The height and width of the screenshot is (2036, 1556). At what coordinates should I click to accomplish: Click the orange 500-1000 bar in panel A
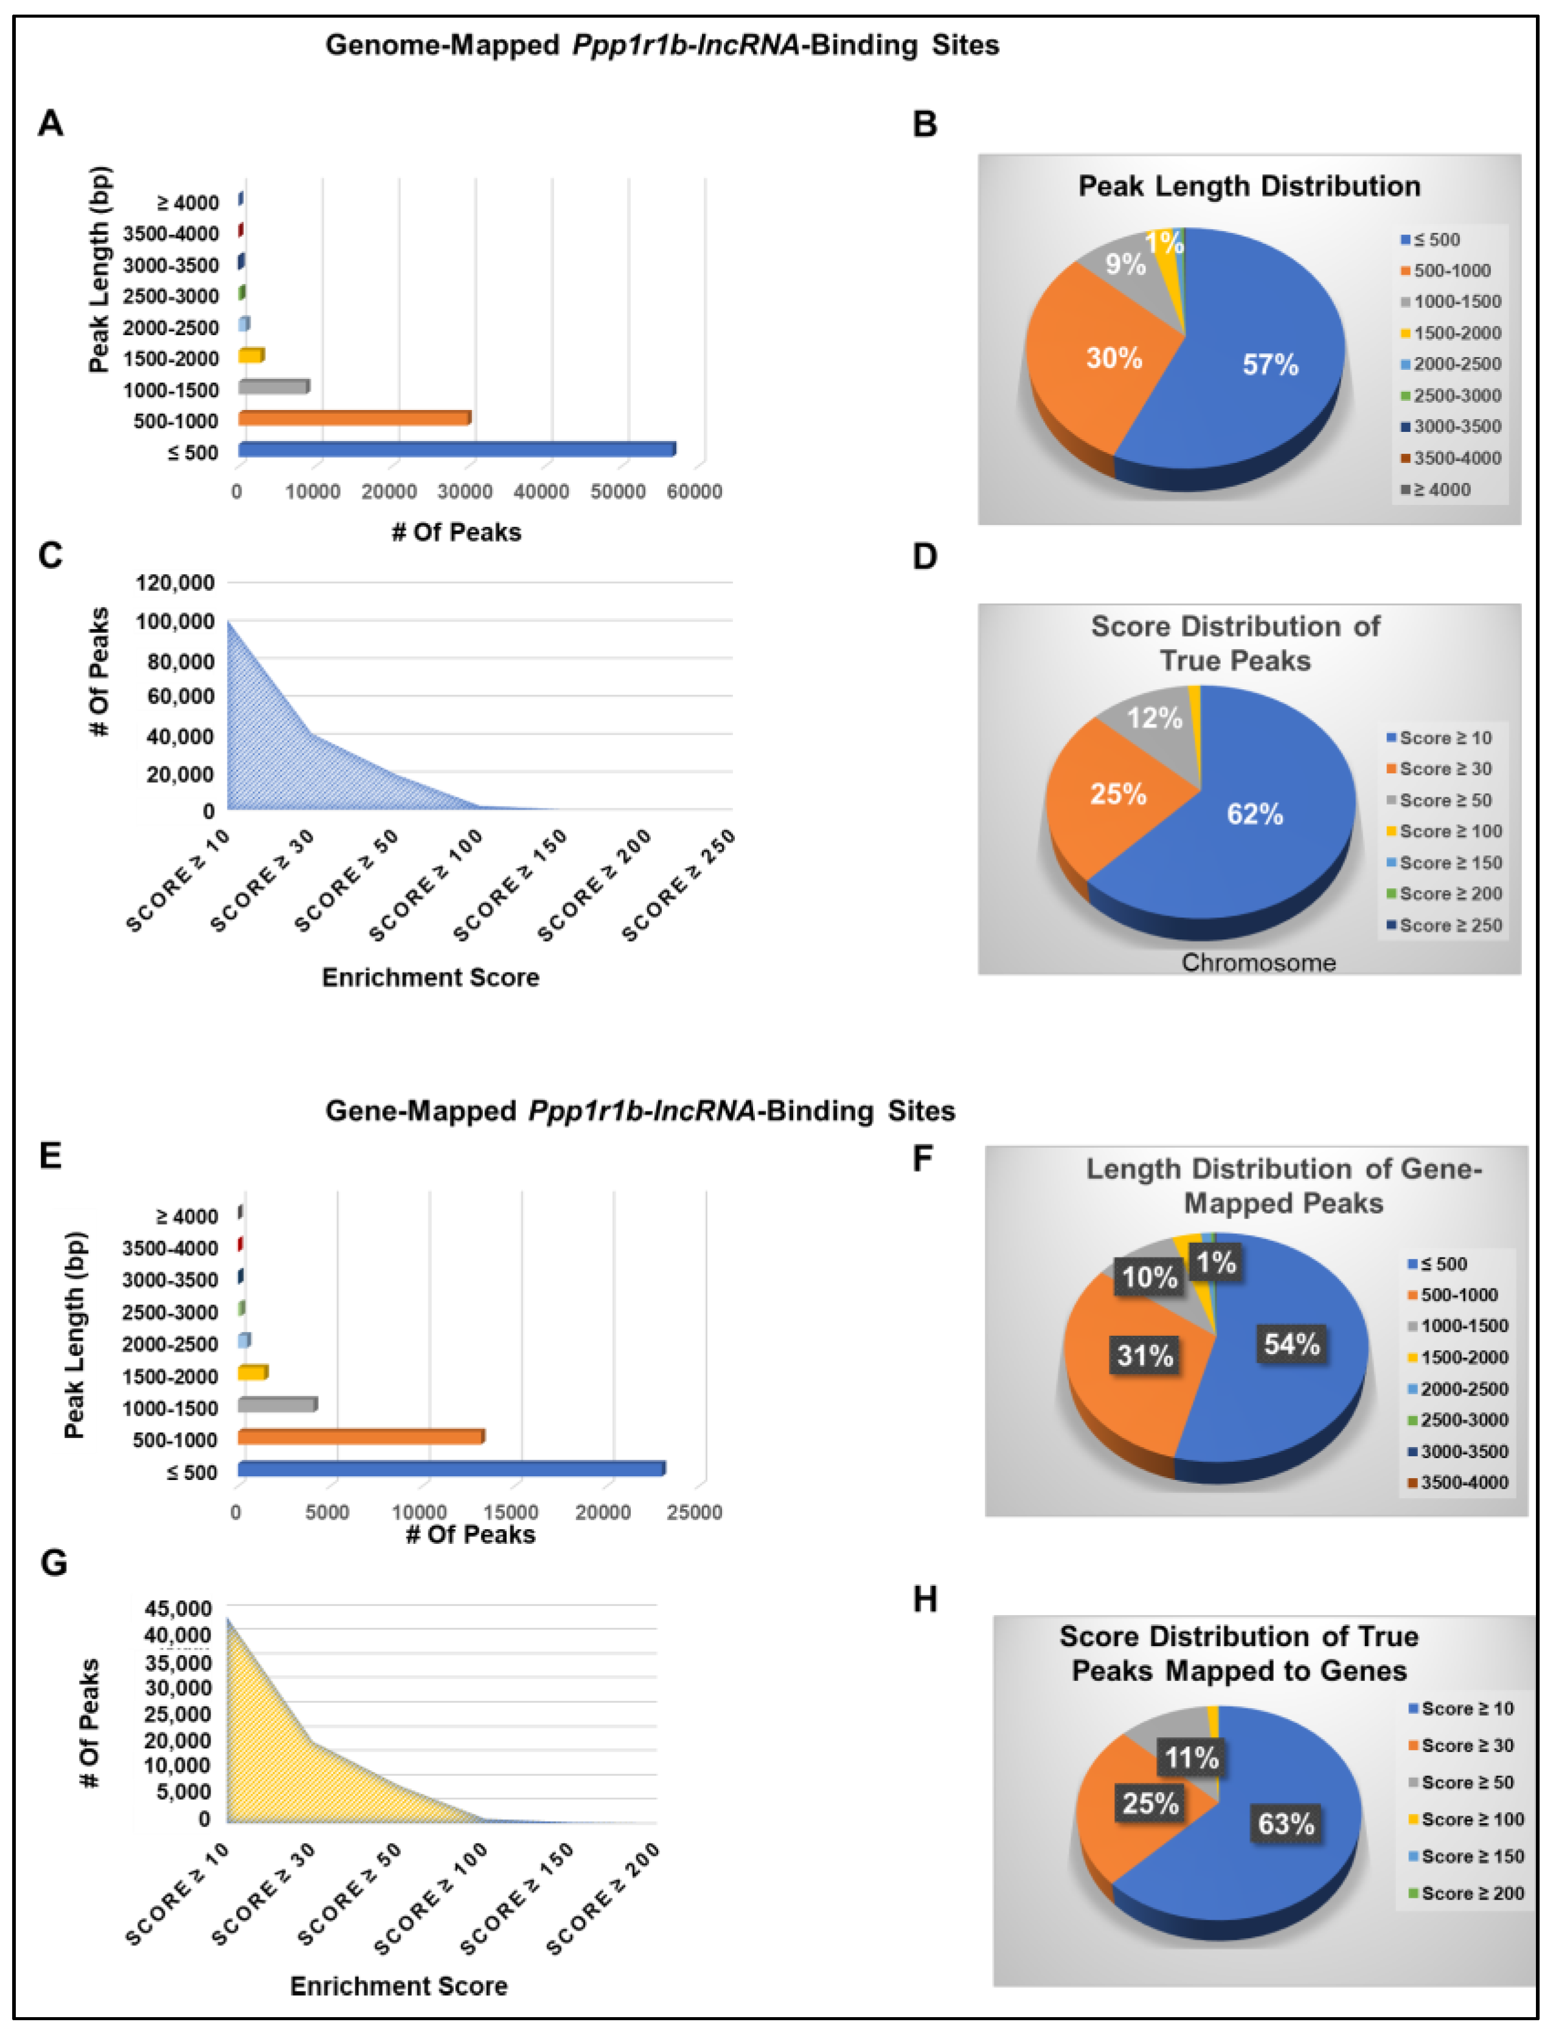[x=354, y=419]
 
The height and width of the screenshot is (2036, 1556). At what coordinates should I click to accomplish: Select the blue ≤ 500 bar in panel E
[x=451, y=1469]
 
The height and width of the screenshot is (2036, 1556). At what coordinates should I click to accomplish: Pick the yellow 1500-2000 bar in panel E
[x=253, y=1373]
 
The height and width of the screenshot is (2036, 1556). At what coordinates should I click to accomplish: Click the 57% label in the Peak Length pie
[x=1270, y=365]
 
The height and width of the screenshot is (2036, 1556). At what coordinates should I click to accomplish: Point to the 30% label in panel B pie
[x=1113, y=358]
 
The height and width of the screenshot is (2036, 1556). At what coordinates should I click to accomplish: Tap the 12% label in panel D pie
[x=1154, y=718]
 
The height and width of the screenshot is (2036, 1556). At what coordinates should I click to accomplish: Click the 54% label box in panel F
[x=1291, y=1344]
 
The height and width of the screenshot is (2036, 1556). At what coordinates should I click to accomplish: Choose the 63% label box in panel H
[x=1285, y=1823]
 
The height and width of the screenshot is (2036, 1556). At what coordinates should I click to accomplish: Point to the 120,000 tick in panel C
[x=175, y=583]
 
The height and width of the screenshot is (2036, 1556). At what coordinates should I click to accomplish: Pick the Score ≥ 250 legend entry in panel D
[x=1450, y=925]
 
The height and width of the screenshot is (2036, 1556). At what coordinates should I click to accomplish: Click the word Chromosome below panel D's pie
[x=1258, y=964]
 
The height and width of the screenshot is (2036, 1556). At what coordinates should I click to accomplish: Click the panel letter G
[x=54, y=1563]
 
